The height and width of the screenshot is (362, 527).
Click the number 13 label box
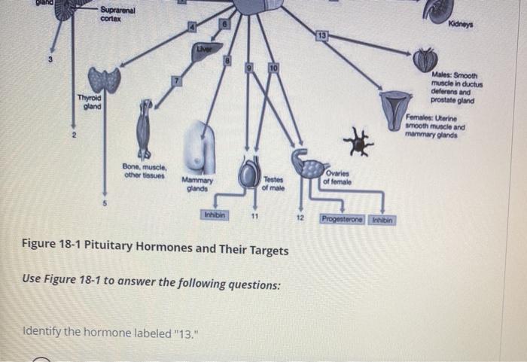click(321, 35)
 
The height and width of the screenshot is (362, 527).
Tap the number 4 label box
click(193, 28)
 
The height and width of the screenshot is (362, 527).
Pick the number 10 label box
click(275, 69)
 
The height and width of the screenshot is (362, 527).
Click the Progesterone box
click(342, 219)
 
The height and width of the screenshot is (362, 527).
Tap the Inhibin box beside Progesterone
click(382, 219)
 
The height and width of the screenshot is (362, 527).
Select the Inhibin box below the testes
click(213, 215)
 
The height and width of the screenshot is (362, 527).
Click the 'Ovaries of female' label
click(336, 178)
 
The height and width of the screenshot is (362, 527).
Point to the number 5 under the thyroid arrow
click(105, 202)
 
